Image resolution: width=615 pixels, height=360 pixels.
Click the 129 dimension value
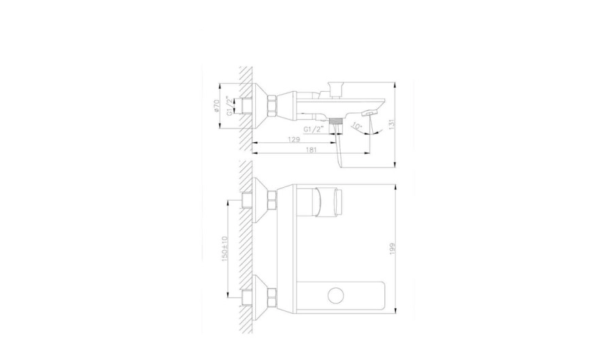tap(294, 140)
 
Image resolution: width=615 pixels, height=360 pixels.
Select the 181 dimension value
tap(311, 150)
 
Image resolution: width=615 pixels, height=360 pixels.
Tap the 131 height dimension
tap(391, 125)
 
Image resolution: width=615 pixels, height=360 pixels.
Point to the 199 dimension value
tap(393, 248)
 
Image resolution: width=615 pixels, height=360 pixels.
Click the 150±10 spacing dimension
tap(225, 248)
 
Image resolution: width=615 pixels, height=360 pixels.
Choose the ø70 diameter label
tap(216, 106)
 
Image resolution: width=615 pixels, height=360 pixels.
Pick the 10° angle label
tap(356, 127)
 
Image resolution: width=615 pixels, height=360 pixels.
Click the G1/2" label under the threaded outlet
tap(314, 129)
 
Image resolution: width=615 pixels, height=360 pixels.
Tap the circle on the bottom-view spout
tap(336, 295)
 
